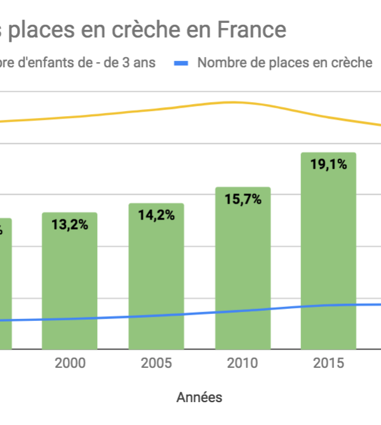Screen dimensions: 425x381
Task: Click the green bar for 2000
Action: (70, 282)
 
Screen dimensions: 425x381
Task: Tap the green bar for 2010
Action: (243, 270)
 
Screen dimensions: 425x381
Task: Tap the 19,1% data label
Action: (328, 164)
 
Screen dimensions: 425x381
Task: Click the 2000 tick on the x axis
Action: (70, 363)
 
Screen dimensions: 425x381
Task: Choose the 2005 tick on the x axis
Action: (156, 363)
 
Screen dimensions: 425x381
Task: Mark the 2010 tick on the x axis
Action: (243, 363)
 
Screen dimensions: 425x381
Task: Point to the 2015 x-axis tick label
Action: (328, 363)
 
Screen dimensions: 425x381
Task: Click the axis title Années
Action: (199, 398)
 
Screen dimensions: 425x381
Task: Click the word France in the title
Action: (253, 29)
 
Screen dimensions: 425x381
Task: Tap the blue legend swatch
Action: (182, 63)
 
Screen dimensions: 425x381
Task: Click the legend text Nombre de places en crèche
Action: (284, 63)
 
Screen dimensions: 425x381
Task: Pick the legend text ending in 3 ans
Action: (76, 63)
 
